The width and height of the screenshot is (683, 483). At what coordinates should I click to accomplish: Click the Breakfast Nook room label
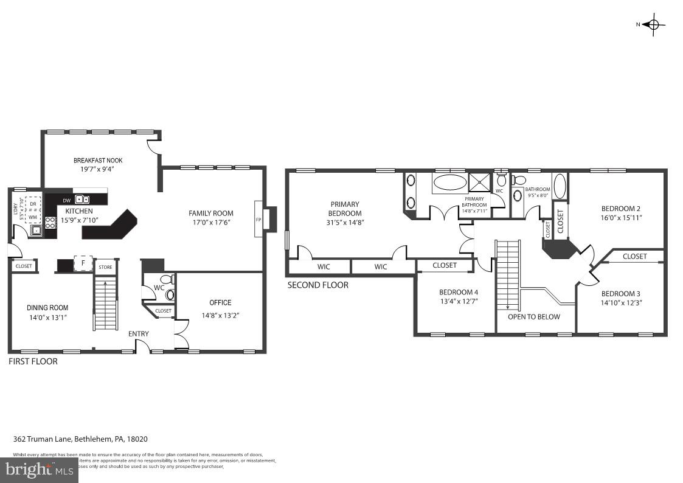(98, 161)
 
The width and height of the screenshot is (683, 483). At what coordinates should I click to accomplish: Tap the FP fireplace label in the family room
(258, 220)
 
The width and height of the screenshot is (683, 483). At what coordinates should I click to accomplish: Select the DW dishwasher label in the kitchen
(66, 200)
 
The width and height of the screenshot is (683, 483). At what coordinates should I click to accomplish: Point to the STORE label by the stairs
(105, 267)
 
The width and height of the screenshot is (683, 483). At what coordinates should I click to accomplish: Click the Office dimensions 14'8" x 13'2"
(220, 316)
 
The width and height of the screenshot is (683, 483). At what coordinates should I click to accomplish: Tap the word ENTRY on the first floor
(138, 334)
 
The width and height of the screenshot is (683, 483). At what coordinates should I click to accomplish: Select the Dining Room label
(47, 308)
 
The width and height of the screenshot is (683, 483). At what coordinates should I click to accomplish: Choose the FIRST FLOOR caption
(33, 361)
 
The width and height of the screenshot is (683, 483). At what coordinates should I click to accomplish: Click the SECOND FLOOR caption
(317, 285)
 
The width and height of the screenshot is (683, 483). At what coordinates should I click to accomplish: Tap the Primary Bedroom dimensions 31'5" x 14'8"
(345, 222)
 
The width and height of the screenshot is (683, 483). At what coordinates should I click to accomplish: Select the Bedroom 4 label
(459, 292)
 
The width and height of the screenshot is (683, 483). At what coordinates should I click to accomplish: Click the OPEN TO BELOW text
(534, 316)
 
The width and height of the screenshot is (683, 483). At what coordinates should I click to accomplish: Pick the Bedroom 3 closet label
(634, 256)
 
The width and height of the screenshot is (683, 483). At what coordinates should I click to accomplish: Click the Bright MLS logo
(39, 470)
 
